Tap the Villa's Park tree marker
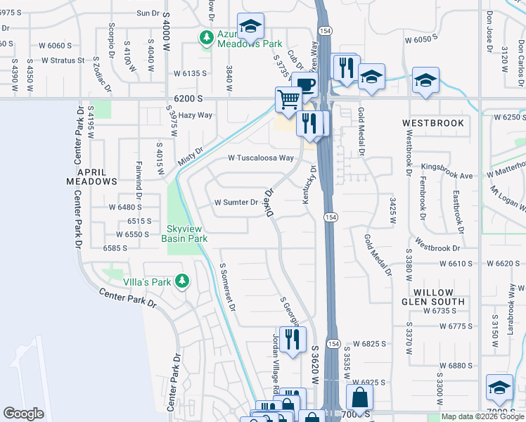(183, 282)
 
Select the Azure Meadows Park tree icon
(207, 37)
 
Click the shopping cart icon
(288, 99)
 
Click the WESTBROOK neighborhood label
(433, 123)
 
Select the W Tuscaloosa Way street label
(260, 158)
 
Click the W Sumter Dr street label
(236, 203)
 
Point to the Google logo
(23, 414)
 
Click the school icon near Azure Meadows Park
(250, 27)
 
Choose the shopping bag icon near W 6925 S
(359, 397)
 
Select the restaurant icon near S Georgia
(293, 339)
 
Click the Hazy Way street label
(195, 115)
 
